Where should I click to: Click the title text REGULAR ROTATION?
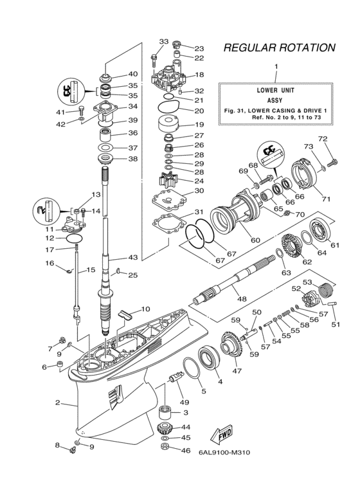pyautogui.click(x=279, y=48)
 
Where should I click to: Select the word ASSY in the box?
pyautogui.click(x=276, y=100)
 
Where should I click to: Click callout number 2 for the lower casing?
pyautogui.click(x=58, y=402)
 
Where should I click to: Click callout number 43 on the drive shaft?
pyautogui.click(x=132, y=258)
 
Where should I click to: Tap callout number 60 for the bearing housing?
pyautogui.click(x=255, y=240)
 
